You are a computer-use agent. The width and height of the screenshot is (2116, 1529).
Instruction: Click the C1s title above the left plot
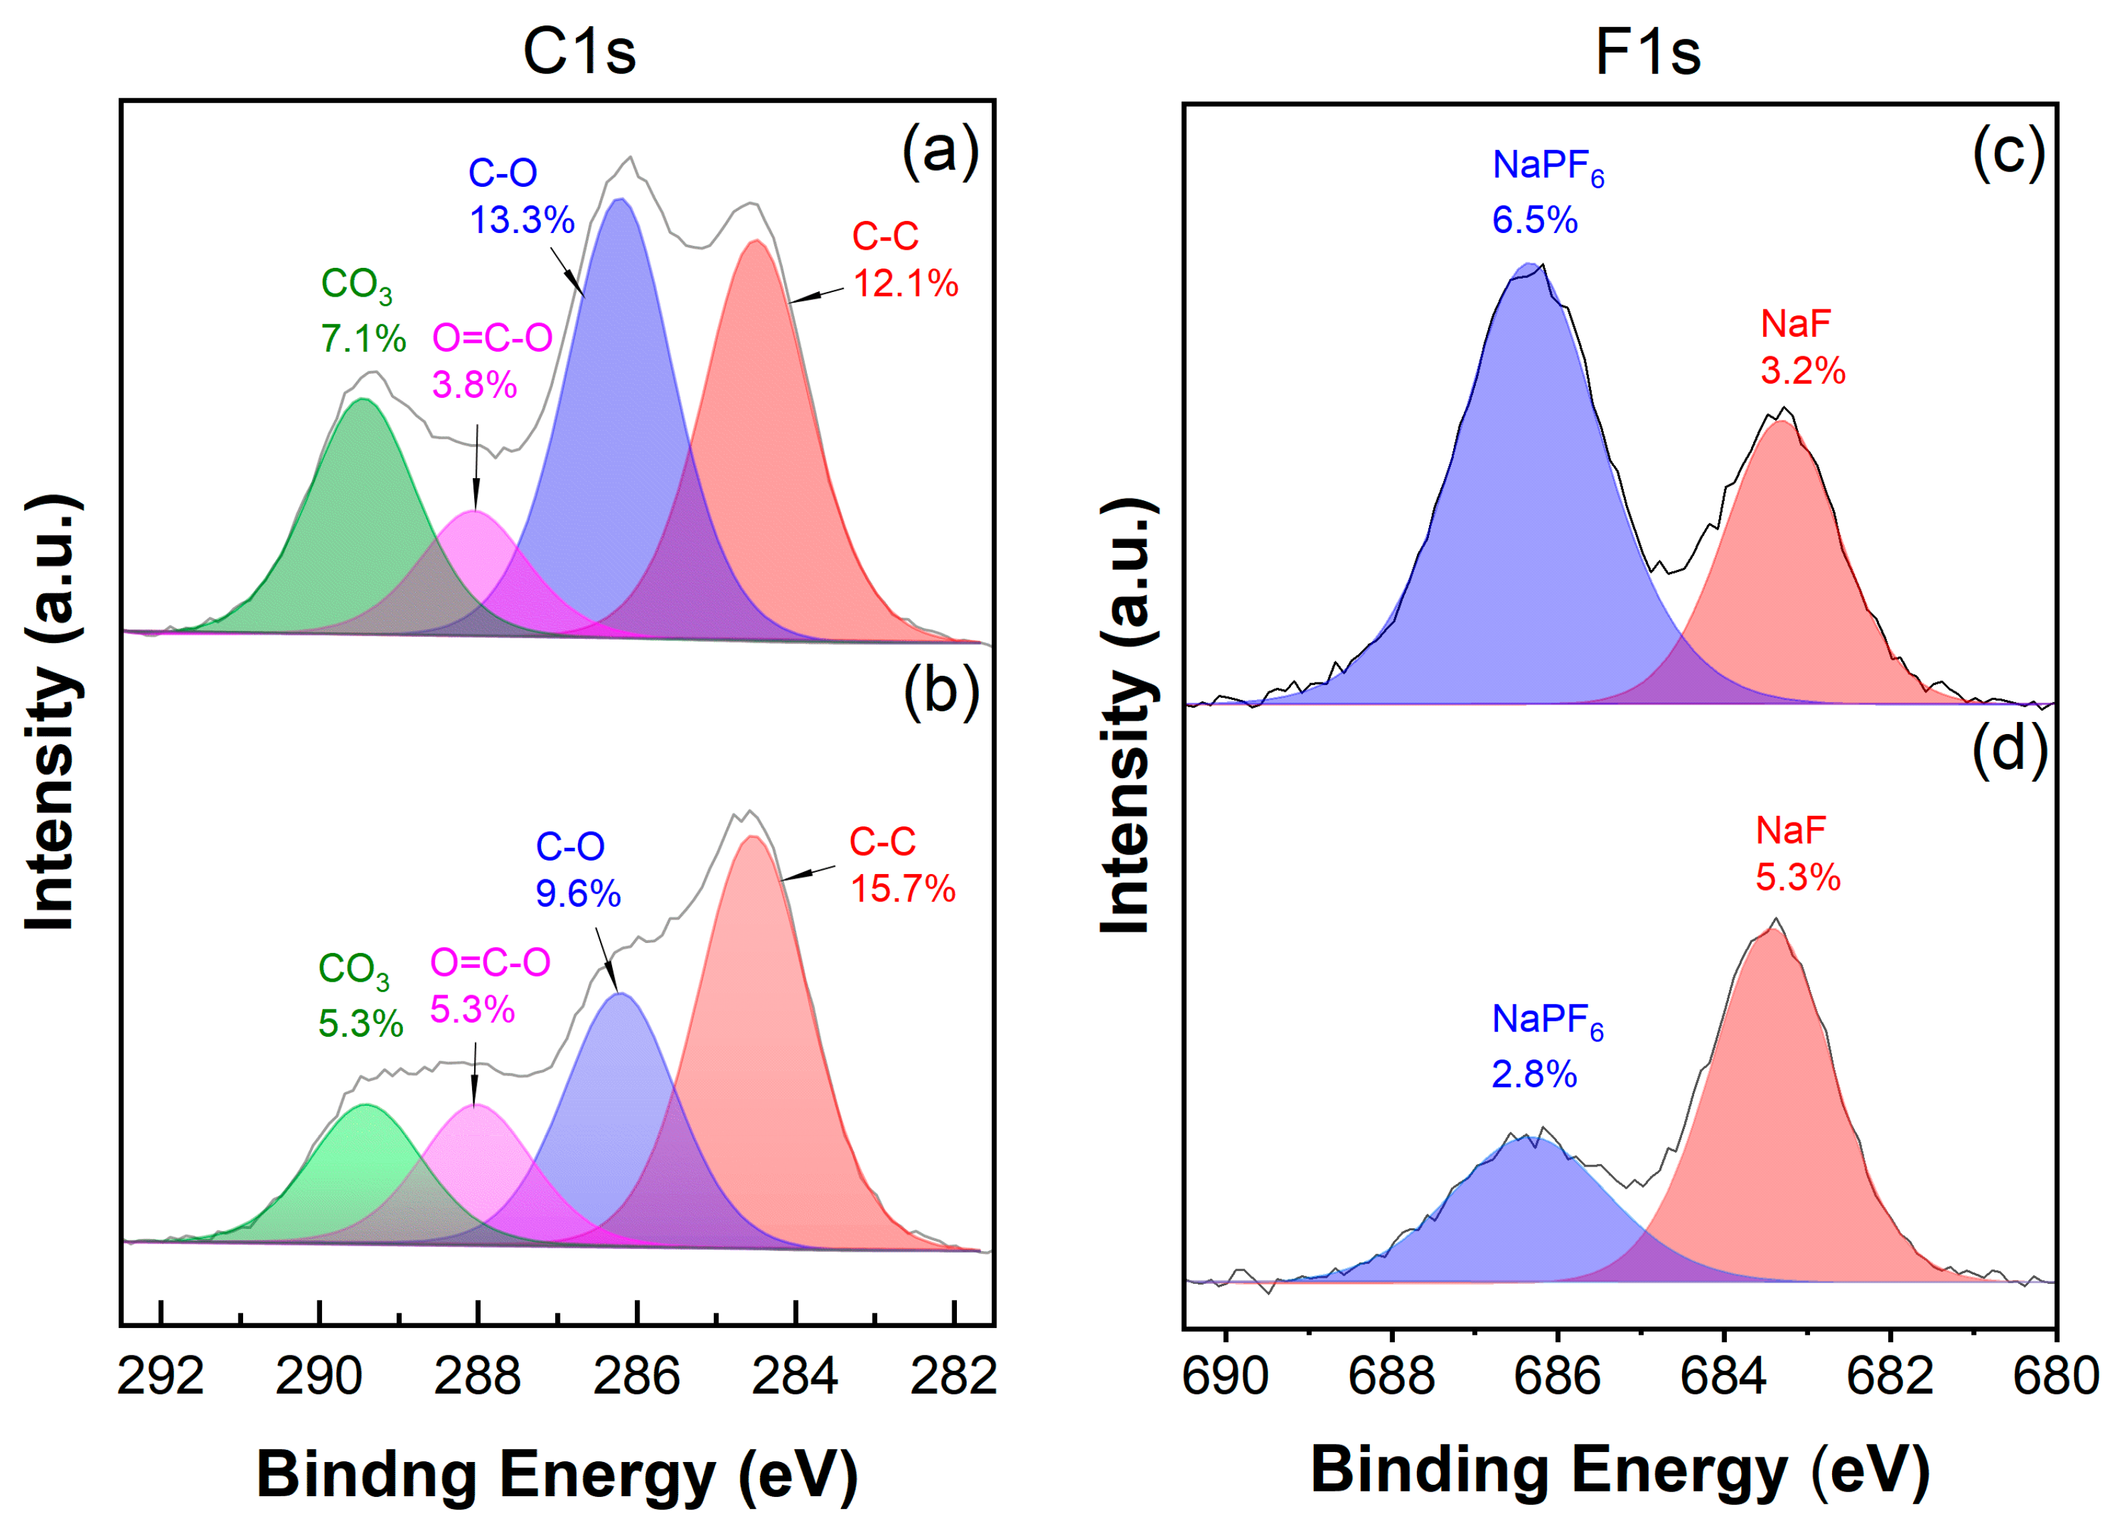pyautogui.click(x=579, y=52)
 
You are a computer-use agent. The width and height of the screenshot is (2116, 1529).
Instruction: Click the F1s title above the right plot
pyautogui.click(x=1648, y=52)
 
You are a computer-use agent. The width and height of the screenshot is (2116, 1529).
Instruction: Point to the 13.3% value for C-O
pyautogui.click(x=522, y=220)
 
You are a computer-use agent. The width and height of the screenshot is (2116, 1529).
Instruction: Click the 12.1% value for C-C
pyautogui.click(x=905, y=283)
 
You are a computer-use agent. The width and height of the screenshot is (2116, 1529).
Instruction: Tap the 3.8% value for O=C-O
pyautogui.click(x=474, y=384)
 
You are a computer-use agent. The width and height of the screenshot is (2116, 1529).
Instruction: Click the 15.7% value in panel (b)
pyautogui.click(x=902, y=888)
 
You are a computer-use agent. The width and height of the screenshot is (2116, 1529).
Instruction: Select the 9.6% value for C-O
pyautogui.click(x=577, y=893)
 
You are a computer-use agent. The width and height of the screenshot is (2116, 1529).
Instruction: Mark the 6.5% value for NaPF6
pyautogui.click(x=1535, y=220)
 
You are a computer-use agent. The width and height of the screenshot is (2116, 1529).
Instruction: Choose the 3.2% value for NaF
pyautogui.click(x=1803, y=370)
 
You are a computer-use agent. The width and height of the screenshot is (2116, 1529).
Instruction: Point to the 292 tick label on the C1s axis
pyautogui.click(x=161, y=1377)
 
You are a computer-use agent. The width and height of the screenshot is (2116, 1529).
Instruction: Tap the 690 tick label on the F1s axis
pyautogui.click(x=1225, y=1377)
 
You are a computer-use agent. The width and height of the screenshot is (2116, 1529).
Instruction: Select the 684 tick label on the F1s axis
pyautogui.click(x=1723, y=1377)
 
